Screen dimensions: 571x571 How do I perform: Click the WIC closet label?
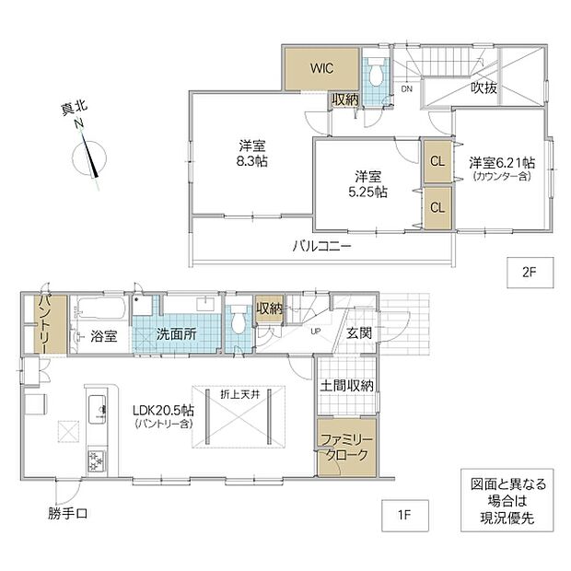coord(322,68)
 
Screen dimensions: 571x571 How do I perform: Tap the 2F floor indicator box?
coord(530,273)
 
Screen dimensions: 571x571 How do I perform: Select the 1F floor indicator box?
coord(405,516)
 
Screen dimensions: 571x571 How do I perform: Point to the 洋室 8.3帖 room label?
coord(252,153)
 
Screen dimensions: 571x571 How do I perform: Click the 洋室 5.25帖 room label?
coord(367,184)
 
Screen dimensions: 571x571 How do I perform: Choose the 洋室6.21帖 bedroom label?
coord(502,162)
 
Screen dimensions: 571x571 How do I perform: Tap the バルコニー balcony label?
coord(322,247)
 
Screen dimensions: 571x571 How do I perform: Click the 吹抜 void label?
coord(484,87)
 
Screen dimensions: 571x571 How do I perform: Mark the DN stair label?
coord(407,88)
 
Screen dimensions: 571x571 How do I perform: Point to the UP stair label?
coord(315,332)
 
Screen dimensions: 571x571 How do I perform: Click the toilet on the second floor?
coord(375,72)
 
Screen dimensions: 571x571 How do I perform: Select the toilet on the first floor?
coord(239,320)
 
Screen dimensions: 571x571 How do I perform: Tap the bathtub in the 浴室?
coord(101,309)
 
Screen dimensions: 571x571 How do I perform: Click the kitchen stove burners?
coord(97,460)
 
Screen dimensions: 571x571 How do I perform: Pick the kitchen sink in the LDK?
coord(98,409)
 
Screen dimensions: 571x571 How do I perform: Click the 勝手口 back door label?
coord(68,514)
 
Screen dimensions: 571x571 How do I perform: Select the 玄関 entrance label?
coord(359,332)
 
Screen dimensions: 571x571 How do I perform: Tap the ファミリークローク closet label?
coord(346,448)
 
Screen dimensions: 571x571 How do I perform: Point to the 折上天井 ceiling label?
coord(240,394)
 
